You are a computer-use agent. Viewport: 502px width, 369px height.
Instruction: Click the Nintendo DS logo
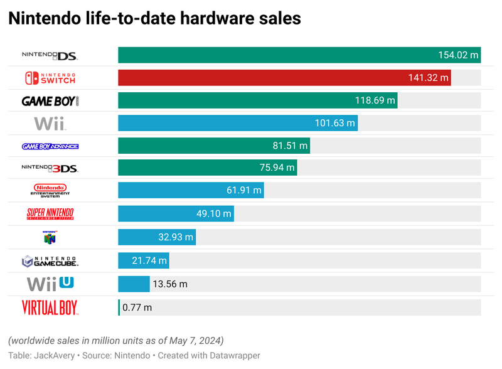50,56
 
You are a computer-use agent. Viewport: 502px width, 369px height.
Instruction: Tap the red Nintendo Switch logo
50,78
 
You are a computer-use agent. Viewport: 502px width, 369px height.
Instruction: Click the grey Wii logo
50,123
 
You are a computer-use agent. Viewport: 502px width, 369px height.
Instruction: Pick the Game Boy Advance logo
50,146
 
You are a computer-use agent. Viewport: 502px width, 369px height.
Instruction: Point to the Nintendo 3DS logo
50,168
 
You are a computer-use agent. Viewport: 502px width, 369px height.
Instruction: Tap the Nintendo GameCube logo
50,260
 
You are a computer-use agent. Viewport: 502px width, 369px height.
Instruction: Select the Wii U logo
50,283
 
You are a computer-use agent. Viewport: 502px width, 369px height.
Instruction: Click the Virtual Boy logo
50,307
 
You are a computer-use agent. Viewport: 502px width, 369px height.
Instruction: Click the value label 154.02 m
458,55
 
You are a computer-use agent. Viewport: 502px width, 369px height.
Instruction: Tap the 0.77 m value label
137,307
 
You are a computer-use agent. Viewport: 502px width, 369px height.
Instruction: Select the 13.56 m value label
171,284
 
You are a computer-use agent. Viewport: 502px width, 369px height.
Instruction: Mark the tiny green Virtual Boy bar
119,307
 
